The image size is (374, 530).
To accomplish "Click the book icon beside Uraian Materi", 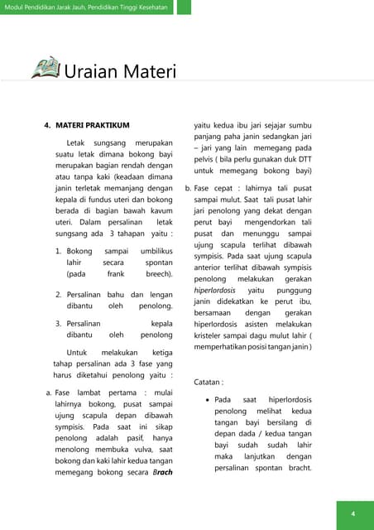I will click(46, 68).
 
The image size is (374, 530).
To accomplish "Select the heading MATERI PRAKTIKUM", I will click(92, 125).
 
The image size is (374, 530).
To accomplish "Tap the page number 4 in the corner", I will click(352, 514).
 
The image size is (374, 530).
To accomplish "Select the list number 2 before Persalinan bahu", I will click(58, 294).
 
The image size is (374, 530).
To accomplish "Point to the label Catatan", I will click(210, 383).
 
